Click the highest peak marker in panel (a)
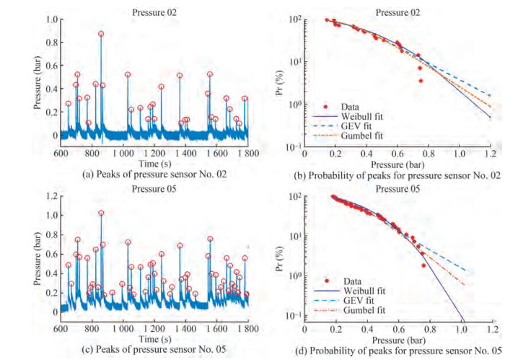pyautogui.click(x=101, y=33)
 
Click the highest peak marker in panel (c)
pyautogui.click(x=101, y=213)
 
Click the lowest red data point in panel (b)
pyautogui.click(x=421, y=80)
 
